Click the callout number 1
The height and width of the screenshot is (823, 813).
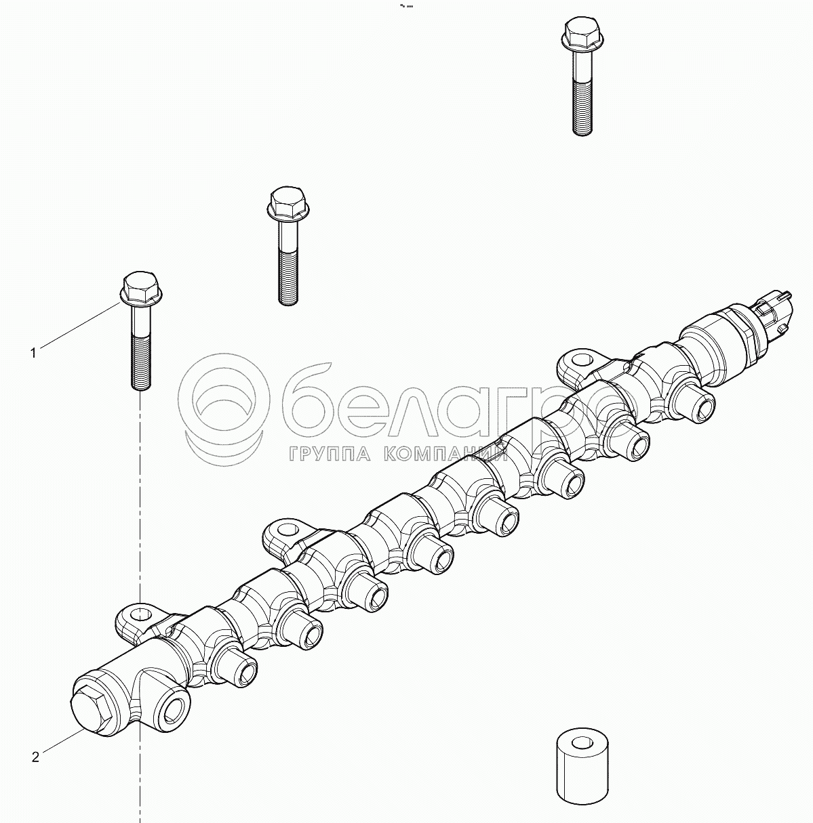[x=33, y=353]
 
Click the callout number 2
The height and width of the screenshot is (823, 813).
[x=35, y=757]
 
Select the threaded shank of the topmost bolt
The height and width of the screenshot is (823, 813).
[x=582, y=104]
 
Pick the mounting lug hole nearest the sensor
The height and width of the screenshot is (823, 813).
[x=580, y=360]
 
